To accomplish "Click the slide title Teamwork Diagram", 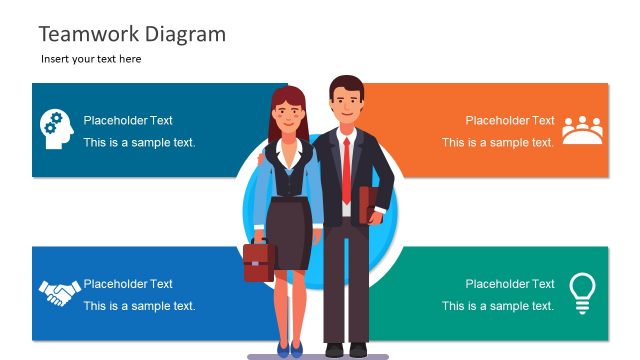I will coord(132,34).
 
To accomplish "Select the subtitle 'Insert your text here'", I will coord(91,59).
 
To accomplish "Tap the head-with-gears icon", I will coord(56,129).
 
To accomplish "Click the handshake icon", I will coord(59,293).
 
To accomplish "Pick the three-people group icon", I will coord(582,130).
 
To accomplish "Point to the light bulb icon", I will coord(582,291).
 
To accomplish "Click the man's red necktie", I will coord(346,170).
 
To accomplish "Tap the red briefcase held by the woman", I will coord(257,261).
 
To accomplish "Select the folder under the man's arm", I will coord(370,205).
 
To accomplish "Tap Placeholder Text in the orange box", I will coord(510,120).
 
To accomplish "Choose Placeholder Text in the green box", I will coord(510,284).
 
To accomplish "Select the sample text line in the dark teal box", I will coord(139,142).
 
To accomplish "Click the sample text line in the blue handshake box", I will coord(139,306).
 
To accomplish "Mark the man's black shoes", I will coord(345,349).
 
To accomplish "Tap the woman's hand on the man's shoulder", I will coord(263,157).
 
